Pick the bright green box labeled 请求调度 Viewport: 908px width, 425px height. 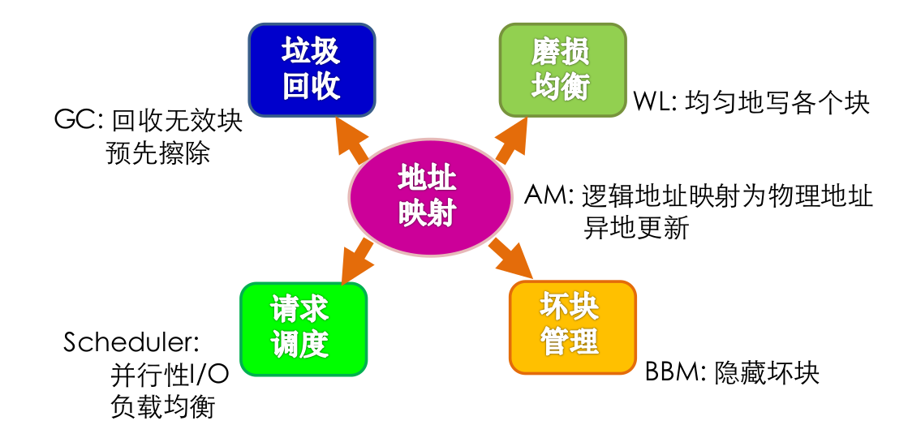[303, 329]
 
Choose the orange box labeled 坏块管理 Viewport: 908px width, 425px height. [570, 326]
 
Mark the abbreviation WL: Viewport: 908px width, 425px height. [654, 103]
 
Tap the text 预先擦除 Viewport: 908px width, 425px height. [158, 153]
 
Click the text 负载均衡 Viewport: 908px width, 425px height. [162, 406]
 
